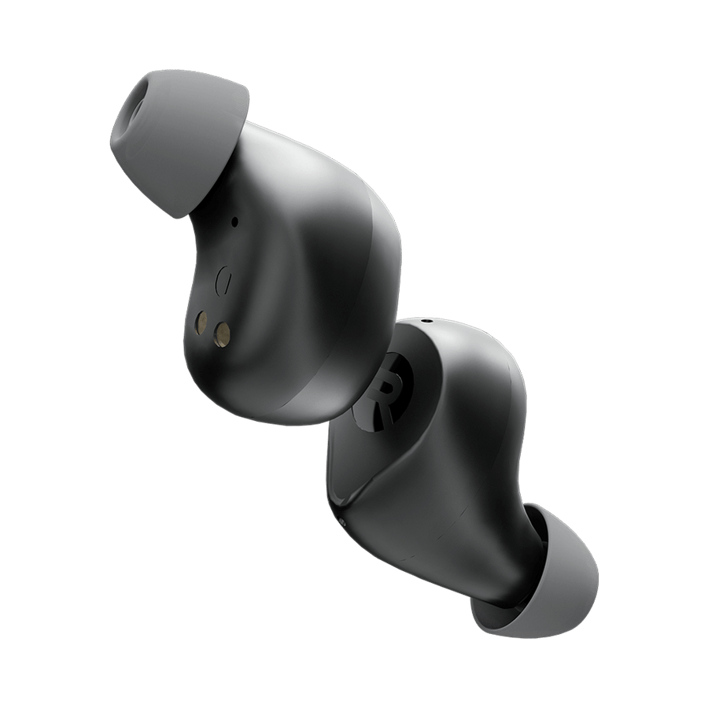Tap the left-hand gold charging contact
201,323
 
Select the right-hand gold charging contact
222,334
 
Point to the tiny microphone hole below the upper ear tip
234,222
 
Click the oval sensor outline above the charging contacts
223,280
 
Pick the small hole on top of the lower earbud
426,322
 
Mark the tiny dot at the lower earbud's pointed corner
342,523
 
